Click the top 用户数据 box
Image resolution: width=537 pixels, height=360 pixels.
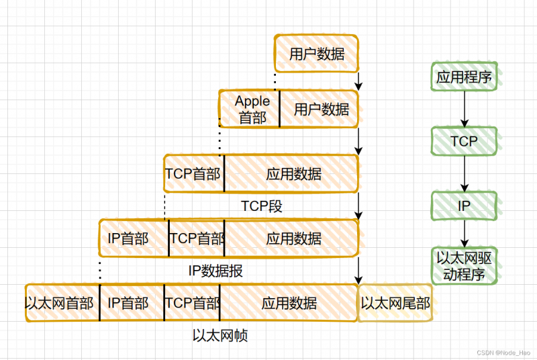tap(318, 54)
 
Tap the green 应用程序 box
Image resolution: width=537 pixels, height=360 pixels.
tap(464, 77)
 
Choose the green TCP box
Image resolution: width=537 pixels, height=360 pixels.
tap(464, 141)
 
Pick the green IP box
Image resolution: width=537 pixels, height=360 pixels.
tap(464, 206)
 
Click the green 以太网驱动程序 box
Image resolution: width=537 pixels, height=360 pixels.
tap(464, 265)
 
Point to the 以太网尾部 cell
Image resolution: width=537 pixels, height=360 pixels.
tap(395, 303)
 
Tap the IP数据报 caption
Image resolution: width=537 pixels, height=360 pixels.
tap(215, 271)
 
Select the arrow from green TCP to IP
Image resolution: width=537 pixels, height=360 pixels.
tap(464, 173)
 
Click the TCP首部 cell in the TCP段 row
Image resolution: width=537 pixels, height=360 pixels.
tap(194, 174)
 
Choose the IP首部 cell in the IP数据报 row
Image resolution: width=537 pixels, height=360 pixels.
tap(134, 238)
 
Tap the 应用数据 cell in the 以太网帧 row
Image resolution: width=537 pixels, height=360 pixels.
tap(289, 303)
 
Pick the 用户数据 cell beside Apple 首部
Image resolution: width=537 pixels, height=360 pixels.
tap(319, 109)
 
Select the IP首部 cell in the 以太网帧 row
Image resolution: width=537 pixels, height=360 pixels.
tap(132, 303)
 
